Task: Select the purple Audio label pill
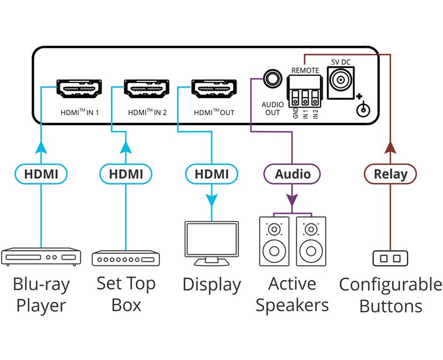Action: pos(292,174)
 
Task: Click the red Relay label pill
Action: pos(390,174)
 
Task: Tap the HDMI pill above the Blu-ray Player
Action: pos(41,174)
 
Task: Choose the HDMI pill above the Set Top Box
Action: pos(126,174)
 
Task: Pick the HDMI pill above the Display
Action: pos(212,174)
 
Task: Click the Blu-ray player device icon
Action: pos(41,256)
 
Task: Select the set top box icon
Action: pos(126,258)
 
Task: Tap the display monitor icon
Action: pos(211,243)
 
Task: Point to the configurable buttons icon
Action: pos(390,258)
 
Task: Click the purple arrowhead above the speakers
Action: pos(292,198)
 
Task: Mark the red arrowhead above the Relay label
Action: pos(390,147)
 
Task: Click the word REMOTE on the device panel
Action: pos(305,71)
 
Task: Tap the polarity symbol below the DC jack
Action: pos(363,109)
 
